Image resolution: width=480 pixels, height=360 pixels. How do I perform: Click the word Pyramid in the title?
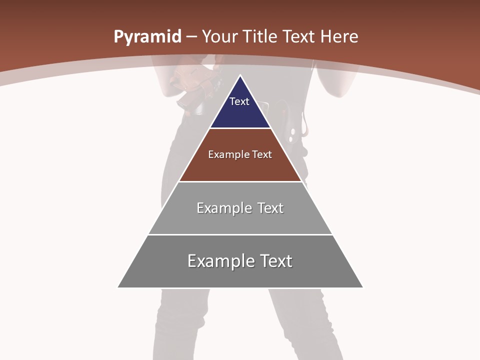[147, 37]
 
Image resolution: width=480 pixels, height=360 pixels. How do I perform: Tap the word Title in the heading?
[259, 36]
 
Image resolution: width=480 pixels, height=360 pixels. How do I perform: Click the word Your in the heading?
[220, 36]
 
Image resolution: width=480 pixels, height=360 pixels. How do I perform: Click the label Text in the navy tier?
[239, 101]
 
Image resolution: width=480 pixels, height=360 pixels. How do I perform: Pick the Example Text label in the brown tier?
[240, 154]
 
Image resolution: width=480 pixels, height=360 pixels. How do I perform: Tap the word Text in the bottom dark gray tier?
[274, 261]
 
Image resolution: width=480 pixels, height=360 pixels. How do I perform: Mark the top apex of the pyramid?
[240, 75]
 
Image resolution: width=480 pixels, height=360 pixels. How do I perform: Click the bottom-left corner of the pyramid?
[118, 287]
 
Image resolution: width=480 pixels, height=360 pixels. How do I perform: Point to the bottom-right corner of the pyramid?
[362, 287]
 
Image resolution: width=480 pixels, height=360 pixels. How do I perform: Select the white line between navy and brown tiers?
[240, 128]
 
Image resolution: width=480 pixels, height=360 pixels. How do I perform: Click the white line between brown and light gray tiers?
[240, 181]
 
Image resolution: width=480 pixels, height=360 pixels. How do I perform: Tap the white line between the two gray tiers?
[240, 234]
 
